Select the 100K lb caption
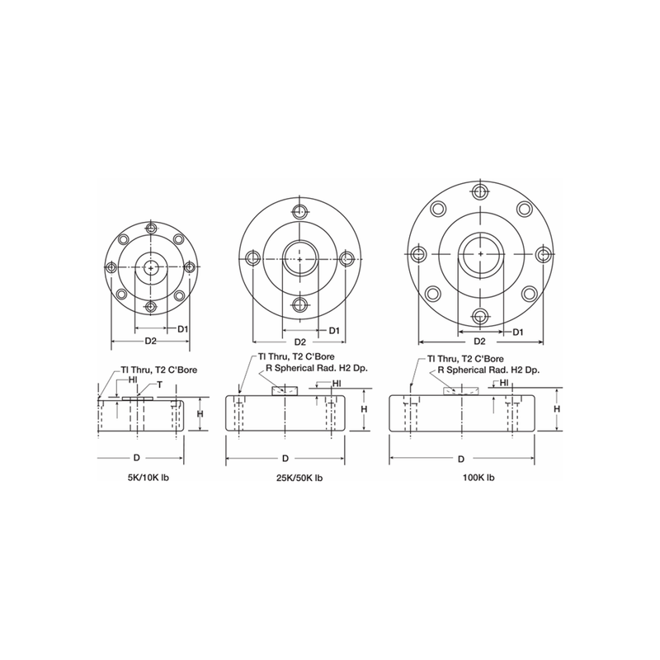pos(478,478)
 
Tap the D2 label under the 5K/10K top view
pos(151,340)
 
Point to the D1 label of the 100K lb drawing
pos(516,332)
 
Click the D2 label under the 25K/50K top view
pos(300,341)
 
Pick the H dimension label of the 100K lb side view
pos(557,408)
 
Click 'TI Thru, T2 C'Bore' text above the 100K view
pos(465,359)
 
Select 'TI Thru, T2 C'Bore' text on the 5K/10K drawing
pos(158,370)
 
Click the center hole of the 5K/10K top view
pos(150,266)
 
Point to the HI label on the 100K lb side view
pos(503,383)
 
